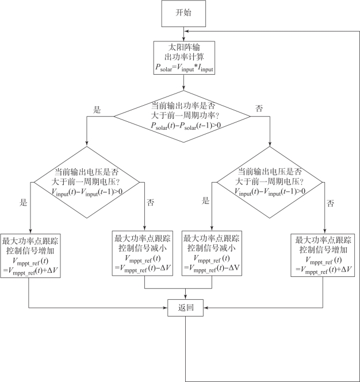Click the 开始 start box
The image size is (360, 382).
(x=183, y=13)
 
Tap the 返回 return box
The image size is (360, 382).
(x=185, y=308)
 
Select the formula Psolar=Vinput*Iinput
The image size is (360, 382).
(x=184, y=68)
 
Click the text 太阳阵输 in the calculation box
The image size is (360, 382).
(x=184, y=47)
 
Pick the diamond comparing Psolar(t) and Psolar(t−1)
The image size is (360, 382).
(x=182, y=117)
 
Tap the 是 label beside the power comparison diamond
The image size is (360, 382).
(x=97, y=110)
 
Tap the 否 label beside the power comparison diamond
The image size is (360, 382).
(x=259, y=108)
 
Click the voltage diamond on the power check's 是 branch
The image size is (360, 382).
(x=87, y=182)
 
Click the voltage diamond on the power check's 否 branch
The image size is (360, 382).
(x=270, y=182)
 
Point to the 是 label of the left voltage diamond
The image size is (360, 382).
(x=23, y=202)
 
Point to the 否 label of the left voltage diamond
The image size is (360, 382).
(x=151, y=202)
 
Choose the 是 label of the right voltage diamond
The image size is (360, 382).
(x=206, y=200)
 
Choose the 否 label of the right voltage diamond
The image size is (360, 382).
(x=330, y=203)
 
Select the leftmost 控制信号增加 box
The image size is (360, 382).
(x=30, y=256)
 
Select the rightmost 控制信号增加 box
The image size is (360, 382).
(x=323, y=255)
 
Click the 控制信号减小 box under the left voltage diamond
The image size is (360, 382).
(x=143, y=253)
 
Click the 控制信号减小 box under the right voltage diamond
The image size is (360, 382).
(x=212, y=253)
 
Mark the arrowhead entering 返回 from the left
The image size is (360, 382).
(x=166, y=308)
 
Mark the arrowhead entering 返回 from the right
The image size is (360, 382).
(x=205, y=308)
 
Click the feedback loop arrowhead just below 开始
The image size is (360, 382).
(x=186, y=31)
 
